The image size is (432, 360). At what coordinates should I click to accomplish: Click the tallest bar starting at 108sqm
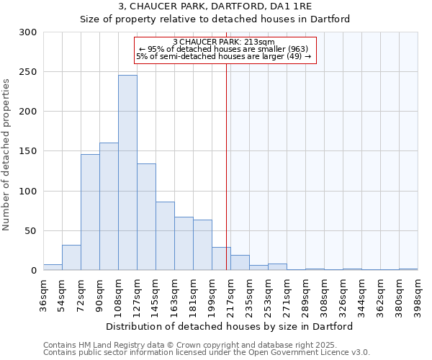point(127,173)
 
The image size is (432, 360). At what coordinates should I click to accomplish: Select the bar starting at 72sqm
point(90,212)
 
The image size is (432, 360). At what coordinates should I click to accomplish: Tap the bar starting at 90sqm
point(109,207)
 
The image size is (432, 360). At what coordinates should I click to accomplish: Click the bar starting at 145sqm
point(165,236)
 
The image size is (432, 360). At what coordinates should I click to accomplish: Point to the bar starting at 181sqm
point(202,245)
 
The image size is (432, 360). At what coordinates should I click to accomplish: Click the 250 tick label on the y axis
point(27,72)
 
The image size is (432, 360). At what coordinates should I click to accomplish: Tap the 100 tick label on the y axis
point(27,192)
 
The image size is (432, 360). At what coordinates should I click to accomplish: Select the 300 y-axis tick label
point(27,32)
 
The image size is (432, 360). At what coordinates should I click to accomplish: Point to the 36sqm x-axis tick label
point(43,295)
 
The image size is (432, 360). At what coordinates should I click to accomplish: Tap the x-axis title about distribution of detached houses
point(230,327)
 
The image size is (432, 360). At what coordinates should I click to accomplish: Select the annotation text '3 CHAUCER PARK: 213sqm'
point(224,42)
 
